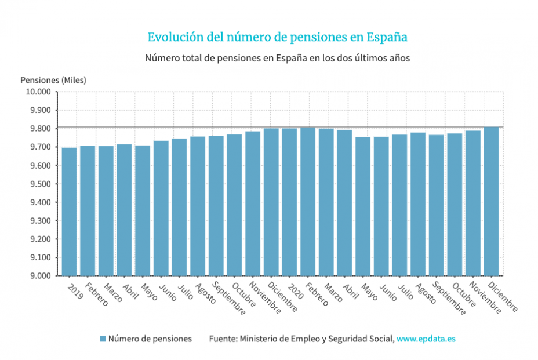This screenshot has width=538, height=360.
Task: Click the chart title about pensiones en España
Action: (277, 37)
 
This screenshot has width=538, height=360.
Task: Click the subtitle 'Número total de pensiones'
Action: (277, 59)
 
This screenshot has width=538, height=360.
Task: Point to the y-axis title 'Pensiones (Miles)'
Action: (53, 80)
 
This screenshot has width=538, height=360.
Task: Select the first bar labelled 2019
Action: (70, 212)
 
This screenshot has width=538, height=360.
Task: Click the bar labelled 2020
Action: (290, 202)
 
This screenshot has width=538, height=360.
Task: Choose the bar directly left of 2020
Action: (271, 202)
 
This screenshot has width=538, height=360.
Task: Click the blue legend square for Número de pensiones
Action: (103, 339)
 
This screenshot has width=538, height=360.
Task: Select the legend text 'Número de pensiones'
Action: (150, 339)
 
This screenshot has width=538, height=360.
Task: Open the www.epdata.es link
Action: (426, 339)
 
